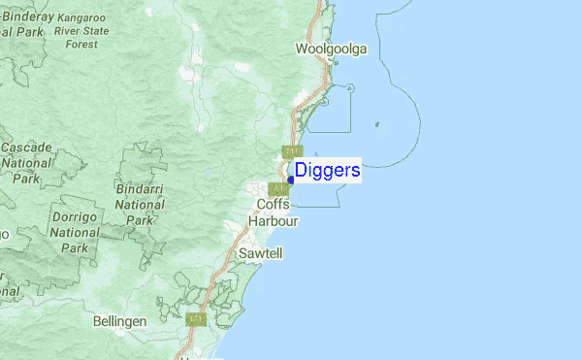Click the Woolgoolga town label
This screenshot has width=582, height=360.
pos(331,49)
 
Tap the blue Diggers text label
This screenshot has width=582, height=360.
pos(328,171)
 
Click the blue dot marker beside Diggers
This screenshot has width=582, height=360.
pos(291,179)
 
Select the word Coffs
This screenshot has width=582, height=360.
pos(275,205)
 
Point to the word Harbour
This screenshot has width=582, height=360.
pos(274,221)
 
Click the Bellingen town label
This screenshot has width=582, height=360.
pos(119,320)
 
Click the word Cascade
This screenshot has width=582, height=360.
pos(26,147)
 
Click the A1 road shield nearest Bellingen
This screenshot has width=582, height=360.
pos(197,318)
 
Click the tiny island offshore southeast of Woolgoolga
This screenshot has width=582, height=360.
pos(376,124)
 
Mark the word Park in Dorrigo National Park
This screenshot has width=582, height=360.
pos(74,247)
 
